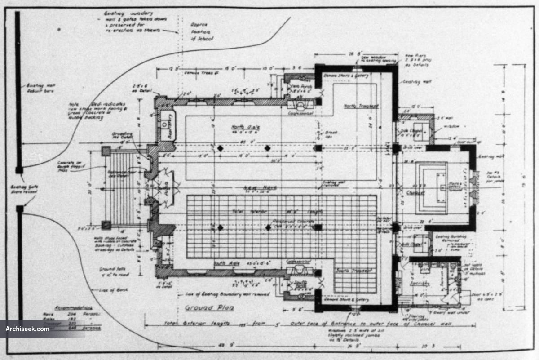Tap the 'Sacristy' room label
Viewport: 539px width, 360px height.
click(x=419, y=284)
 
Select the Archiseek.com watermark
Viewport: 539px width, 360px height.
click(x=27, y=329)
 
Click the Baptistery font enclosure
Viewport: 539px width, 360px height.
click(x=168, y=125)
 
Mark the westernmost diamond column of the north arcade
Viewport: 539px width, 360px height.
click(x=220, y=148)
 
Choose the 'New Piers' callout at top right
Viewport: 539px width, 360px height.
click(x=416, y=58)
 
